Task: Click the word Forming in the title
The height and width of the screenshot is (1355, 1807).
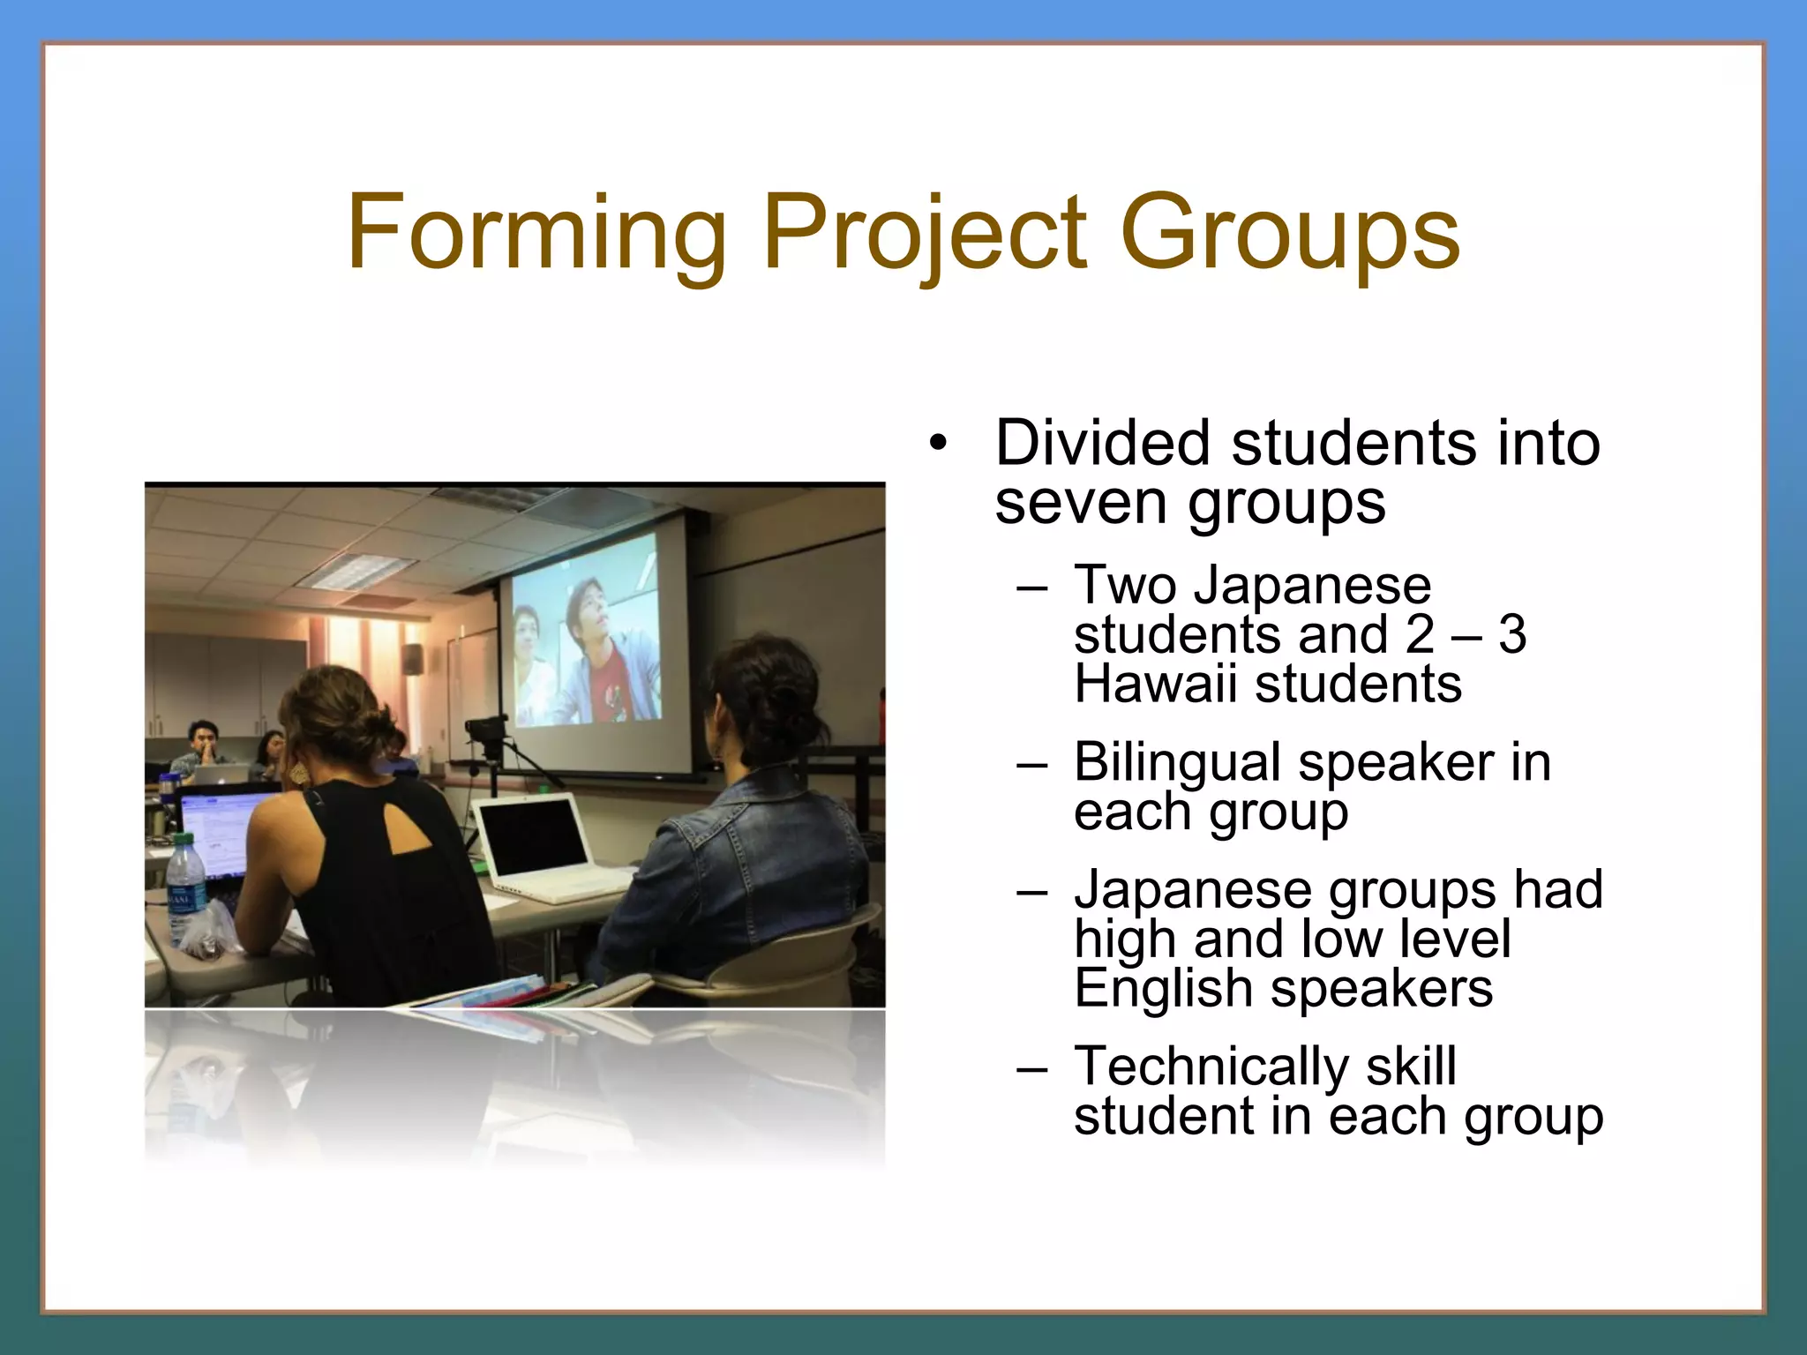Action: point(536,233)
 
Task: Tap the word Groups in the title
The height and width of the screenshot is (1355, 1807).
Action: point(1290,233)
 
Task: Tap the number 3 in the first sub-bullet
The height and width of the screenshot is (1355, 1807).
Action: point(1512,634)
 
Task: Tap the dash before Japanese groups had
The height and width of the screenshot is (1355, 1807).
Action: point(1031,891)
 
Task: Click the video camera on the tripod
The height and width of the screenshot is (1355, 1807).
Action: point(486,730)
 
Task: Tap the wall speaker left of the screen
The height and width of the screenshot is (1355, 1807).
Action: point(411,658)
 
